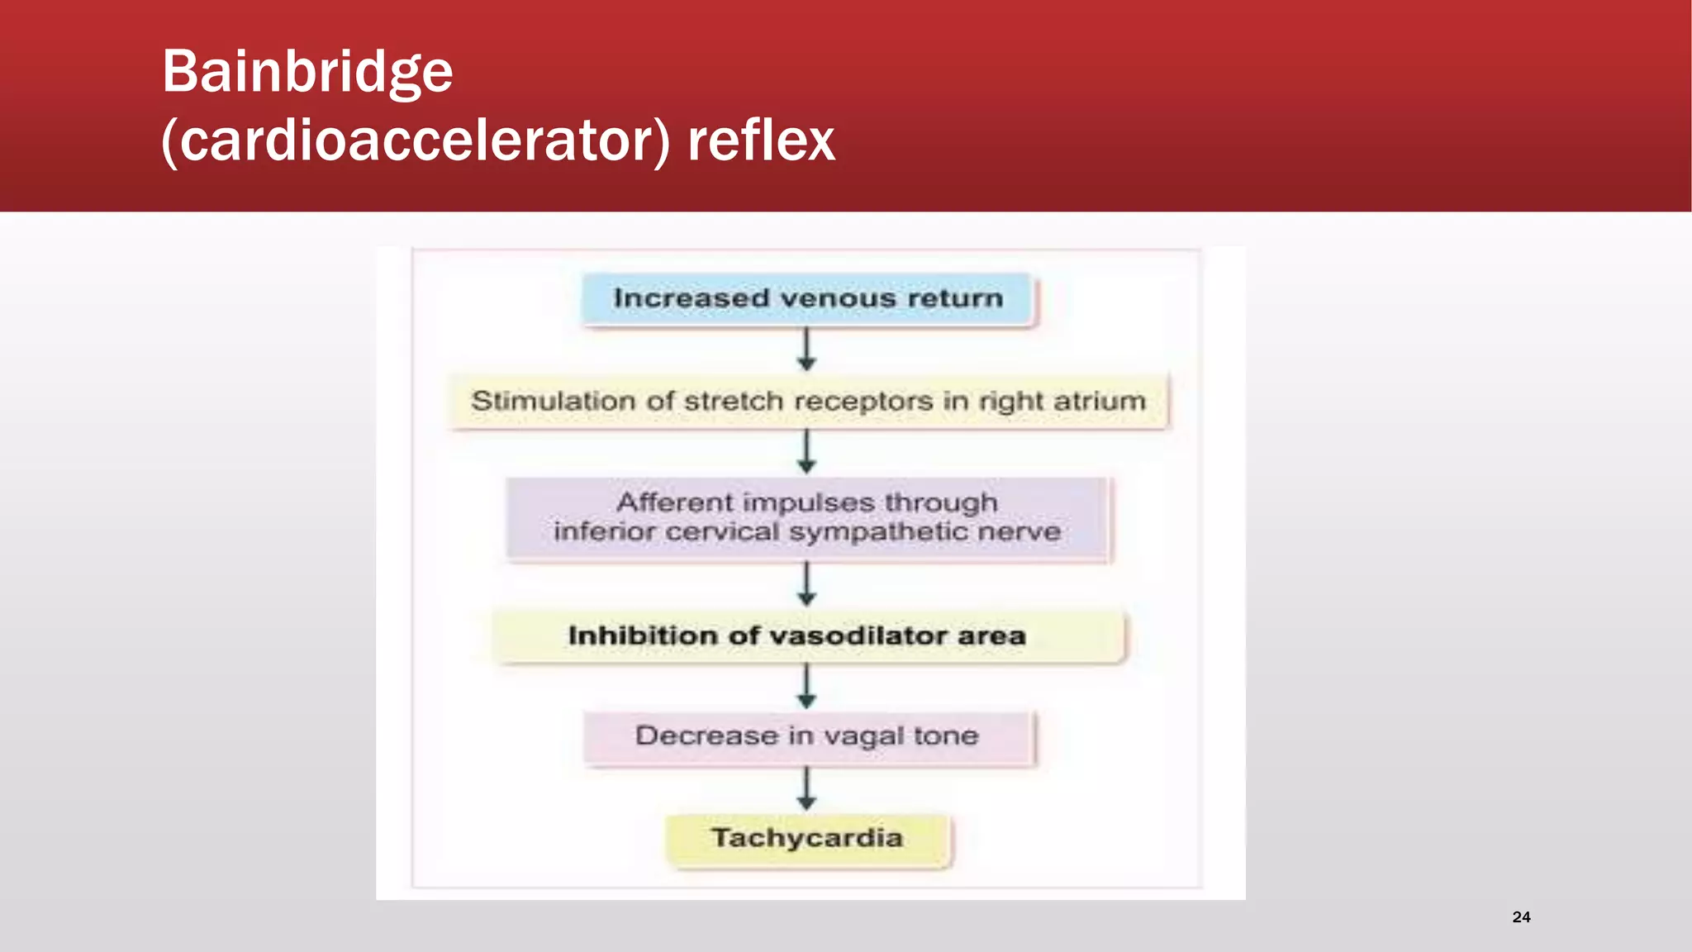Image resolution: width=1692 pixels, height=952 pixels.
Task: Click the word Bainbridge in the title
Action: point(307,73)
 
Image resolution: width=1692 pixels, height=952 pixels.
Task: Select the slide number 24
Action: point(1521,916)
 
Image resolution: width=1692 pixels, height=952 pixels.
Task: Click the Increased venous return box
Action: point(807,299)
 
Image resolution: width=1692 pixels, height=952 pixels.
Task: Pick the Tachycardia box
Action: point(807,839)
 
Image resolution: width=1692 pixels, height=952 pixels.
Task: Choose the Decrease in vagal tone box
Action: point(807,736)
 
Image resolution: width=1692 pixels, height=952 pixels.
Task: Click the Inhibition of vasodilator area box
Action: point(807,636)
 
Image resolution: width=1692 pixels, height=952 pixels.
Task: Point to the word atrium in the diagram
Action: point(1099,402)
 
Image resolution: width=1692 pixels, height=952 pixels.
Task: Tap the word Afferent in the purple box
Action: point(674,502)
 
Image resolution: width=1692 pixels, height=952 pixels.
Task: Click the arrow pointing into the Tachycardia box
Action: point(807,789)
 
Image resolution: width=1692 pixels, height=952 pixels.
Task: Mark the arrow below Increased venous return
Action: point(807,350)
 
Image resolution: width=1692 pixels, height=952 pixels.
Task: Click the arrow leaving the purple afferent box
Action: point(807,584)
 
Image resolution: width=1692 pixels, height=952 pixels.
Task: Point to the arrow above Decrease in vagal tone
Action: point(807,687)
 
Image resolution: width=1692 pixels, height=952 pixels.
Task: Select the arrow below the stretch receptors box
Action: point(807,452)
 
